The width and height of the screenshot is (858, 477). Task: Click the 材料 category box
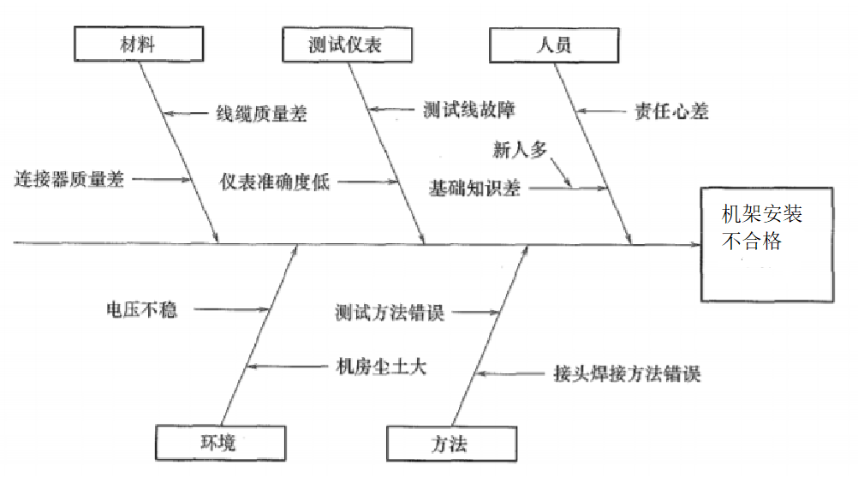click(x=139, y=44)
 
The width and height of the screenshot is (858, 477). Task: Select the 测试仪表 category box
click(x=347, y=45)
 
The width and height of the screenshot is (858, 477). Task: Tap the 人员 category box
click(x=554, y=45)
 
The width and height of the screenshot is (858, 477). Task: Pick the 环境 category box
click(x=221, y=443)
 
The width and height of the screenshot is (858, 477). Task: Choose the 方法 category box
click(x=451, y=444)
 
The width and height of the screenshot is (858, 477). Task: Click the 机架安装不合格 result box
click(x=767, y=245)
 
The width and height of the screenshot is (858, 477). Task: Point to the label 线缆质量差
click(x=261, y=114)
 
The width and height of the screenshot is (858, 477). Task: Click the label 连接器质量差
click(x=69, y=179)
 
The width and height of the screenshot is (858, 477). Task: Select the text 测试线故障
click(x=469, y=110)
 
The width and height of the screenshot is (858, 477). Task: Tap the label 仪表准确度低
click(x=275, y=182)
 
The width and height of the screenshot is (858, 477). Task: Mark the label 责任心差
click(x=671, y=111)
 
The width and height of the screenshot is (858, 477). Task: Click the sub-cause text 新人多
click(x=520, y=149)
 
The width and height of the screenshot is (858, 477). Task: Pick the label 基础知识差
click(x=474, y=188)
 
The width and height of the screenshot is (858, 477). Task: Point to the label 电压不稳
click(x=142, y=310)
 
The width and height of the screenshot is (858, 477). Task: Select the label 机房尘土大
click(x=381, y=367)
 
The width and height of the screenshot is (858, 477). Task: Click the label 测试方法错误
click(x=390, y=313)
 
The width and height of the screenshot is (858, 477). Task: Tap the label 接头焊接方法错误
click(x=627, y=374)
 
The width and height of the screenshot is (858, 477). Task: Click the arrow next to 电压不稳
click(x=231, y=310)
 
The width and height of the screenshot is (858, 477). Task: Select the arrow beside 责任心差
click(x=601, y=111)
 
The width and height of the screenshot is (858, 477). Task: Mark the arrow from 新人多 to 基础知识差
click(x=561, y=173)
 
